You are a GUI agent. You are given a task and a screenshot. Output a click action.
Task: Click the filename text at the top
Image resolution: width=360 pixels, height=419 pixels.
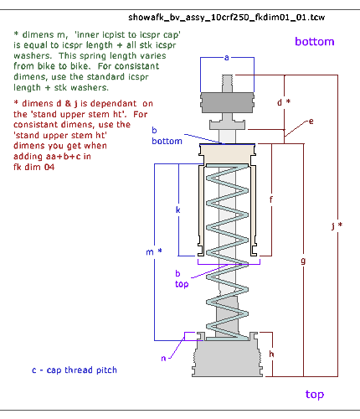[226, 18]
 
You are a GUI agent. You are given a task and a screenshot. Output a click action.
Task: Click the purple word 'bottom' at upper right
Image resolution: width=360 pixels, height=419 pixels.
[315, 42]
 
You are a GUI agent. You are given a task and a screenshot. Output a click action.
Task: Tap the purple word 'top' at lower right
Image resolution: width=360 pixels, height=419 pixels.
[315, 395]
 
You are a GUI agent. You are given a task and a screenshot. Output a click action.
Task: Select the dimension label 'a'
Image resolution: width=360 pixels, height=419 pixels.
[227, 58]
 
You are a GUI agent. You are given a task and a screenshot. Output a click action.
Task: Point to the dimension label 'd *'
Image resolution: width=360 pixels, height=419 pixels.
[284, 102]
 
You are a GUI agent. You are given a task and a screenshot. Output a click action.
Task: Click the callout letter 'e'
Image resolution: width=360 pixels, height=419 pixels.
[311, 122]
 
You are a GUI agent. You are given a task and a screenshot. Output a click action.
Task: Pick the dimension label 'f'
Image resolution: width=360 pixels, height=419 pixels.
[270, 199]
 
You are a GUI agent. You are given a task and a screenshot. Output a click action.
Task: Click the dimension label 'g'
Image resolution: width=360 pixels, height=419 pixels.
[303, 261]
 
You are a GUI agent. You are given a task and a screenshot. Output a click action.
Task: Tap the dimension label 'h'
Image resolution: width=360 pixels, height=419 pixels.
[271, 354]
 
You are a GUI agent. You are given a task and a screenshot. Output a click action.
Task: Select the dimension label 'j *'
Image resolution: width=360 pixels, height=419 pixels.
[337, 225]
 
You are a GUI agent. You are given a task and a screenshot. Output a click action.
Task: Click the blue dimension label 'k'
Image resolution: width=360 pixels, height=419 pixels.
[178, 209]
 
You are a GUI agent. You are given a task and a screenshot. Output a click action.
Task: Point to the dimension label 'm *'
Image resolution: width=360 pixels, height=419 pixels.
[154, 251]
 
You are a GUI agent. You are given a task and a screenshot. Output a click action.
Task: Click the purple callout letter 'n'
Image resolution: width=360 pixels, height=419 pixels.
[163, 358]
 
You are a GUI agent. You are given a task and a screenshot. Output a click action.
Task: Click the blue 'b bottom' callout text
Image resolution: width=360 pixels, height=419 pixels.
[167, 136]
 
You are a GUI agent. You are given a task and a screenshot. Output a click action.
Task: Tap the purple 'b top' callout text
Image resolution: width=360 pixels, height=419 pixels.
[182, 279]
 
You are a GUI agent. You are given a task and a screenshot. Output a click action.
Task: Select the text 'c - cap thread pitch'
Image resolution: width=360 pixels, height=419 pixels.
[75, 370]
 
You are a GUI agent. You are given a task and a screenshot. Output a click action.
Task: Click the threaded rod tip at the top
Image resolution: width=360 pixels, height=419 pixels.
[227, 80]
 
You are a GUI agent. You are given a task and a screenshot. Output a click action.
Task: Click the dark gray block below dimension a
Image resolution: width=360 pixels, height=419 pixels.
[227, 102]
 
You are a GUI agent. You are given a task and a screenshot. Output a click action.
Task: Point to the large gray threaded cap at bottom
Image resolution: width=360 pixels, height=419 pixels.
[227, 359]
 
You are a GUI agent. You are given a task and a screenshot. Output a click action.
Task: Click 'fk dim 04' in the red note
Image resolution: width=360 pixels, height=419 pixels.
[33, 167]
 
